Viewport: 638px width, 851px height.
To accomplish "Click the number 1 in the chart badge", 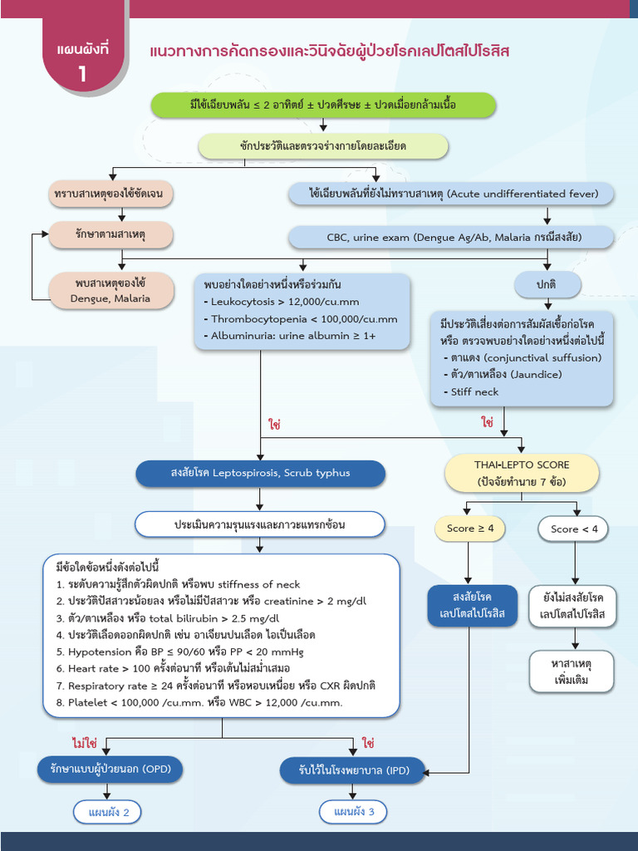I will point(83,73).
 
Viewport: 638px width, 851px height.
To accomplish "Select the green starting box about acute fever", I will point(323,105).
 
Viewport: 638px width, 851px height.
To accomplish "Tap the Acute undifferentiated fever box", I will point(452,194).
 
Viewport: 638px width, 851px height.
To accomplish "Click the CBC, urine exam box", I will point(452,237).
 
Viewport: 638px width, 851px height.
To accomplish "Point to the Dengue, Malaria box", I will point(110,291).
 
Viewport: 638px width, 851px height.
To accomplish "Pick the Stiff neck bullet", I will point(474,391).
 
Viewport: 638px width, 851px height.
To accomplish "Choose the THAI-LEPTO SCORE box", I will point(522,473).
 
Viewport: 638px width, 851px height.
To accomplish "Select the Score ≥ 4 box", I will point(469,529).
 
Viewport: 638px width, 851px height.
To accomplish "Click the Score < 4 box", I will point(573,529).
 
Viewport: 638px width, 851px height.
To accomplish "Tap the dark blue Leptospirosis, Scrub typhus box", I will point(260,473).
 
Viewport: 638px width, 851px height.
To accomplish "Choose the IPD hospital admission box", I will point(355,770).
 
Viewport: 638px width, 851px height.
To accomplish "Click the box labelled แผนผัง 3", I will point(354,812).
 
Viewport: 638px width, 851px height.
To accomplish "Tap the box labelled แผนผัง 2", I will point(108,812).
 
